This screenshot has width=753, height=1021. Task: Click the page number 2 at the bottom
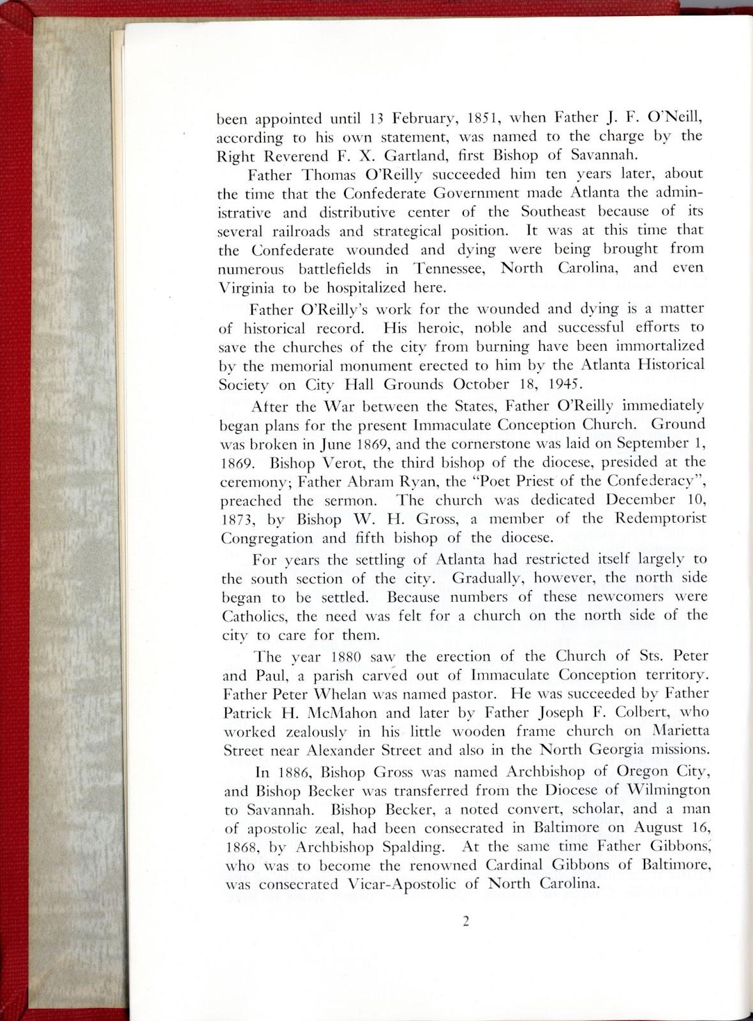pyautogui.click(x=466, y=921)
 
